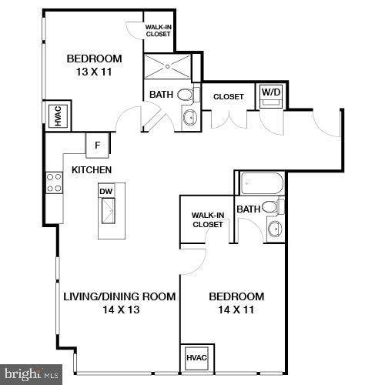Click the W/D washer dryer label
(x=271, y=92)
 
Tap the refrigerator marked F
(x=97, y=146)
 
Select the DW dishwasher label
(x=106, y=191)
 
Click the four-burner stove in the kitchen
(x=55, y=182)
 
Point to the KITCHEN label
(x=92, y=170)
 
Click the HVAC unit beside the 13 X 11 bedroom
(x=59, y=115)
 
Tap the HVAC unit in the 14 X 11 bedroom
(x=196, y=358)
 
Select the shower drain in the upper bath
(x=168, y=66)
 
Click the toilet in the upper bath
(x=188, y=94)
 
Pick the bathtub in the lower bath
(x=263, y=183)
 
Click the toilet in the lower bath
(x=273, y=207)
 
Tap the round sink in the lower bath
(x=275, y=228)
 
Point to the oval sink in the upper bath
(x=190, y=118)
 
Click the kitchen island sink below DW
(x=109, y=210)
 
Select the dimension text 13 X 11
(x=94, y=72)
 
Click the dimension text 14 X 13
(x=121, y=310)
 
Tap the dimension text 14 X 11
(x=236, y=310)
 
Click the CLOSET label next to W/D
(x=229, y=97)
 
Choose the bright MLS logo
(x=31, y=374)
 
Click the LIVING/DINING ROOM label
(x=119, y=296)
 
